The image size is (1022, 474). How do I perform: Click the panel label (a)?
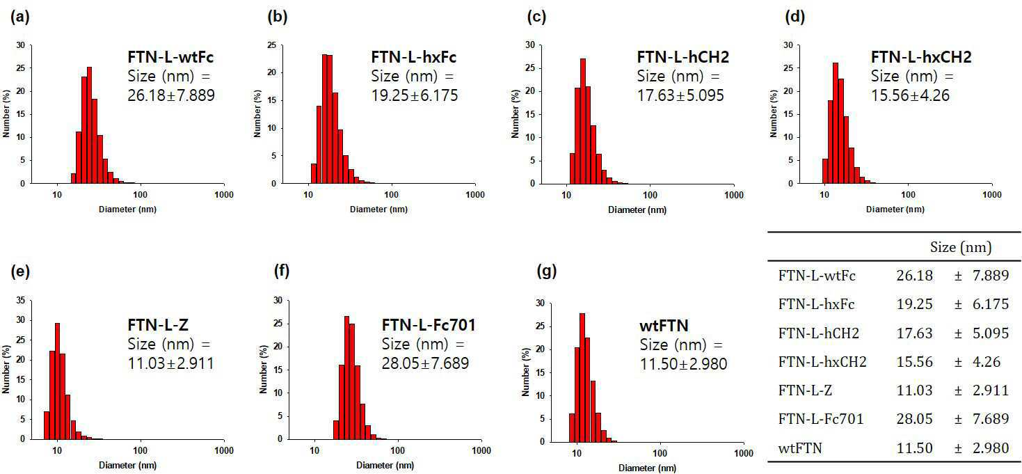pyautogui.click(x=19, y=17)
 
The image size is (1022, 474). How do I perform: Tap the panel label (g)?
pyautogui.click(x=547, y=271)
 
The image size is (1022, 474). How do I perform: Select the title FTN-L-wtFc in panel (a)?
pyautogui.click(x=170, y=57)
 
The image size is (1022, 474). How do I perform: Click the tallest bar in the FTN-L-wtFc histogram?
pyautogui.click(x=90, y=125)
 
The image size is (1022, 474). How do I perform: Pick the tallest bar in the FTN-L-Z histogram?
pyautogui.click(x=57, y=381)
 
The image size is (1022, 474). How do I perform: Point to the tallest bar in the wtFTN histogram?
pyautogui.click(x=582, y=378)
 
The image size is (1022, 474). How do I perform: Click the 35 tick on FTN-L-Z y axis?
pyautogui.click(x=21, y=300)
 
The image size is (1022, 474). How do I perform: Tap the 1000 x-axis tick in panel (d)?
pyautogui.click(x=992, y=194)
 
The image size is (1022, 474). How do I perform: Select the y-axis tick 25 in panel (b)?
pyautogui.click(x=272, y=45)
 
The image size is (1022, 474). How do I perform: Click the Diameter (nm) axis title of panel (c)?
pyautogui.click(x=637, y=210)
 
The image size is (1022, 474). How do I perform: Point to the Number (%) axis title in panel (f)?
pyautogui.click(x=263, y=370)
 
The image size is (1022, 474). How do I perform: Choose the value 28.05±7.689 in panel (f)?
pyautogui.click(x=425, y=363)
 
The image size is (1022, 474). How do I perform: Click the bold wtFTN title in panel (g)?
pyautogui.click(x=664, y=326)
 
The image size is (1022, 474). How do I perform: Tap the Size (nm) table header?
pyautogui.click(x=961, y=247)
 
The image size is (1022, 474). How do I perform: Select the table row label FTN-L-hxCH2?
pyautogui.click(x=822, y=362)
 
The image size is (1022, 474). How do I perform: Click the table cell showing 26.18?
pyautogui.click(x=914, y=276)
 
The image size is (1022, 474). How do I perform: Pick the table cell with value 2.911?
pyautogui.click(x=991, y=390)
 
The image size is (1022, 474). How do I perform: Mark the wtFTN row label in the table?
pyautogui.click(x=800, y=448)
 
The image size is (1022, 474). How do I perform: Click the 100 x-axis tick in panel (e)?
pyautogui.click(x=141, y=450)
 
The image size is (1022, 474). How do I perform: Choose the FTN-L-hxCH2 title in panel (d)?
pyautogui.click(x=921, y=57)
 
